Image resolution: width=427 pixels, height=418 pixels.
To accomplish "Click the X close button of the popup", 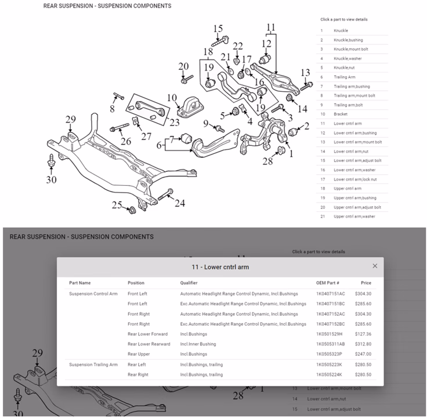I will click(375, 266).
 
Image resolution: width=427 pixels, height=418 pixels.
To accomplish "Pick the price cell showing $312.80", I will click(362, 344).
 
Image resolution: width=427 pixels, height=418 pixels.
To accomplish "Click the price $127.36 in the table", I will click(362, 334).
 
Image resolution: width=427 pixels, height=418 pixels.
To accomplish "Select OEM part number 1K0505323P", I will click(329, 354).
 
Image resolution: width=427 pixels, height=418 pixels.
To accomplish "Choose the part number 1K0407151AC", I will click(331, 294).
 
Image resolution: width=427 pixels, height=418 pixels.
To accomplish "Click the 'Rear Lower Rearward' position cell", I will click(149, 344).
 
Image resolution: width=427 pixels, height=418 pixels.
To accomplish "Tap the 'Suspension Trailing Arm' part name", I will click(93, 365).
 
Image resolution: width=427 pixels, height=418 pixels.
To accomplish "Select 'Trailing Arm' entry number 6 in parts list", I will click(345, 77).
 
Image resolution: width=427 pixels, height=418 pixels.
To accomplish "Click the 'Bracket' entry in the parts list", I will click(341, 114).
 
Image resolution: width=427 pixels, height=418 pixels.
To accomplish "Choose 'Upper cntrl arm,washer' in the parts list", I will click(354, 216).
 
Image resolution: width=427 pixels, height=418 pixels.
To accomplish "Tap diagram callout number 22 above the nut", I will click(238, 46).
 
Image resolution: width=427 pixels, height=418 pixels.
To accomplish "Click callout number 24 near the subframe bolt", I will click(180, 203).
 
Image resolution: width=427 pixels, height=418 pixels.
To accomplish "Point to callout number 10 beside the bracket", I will click(172, 97).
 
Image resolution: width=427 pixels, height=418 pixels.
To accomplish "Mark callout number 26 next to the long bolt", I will click(125, 140).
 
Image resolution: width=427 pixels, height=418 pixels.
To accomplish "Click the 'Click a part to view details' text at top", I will click(343, 19).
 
